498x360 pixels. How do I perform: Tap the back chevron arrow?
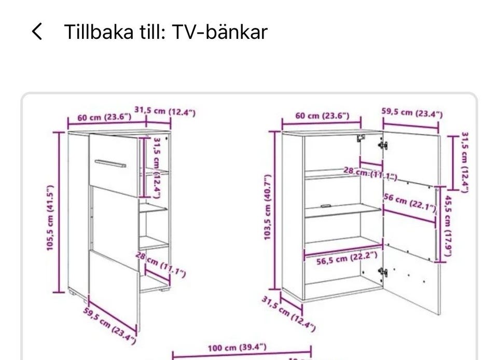37,32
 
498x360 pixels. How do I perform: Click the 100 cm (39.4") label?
237,347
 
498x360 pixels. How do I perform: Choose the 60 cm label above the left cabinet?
104,117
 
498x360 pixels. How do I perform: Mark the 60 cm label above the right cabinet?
322,116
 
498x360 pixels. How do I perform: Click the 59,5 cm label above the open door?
412,113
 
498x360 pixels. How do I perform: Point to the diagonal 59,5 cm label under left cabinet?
109,325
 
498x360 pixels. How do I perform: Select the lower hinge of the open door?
383,272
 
